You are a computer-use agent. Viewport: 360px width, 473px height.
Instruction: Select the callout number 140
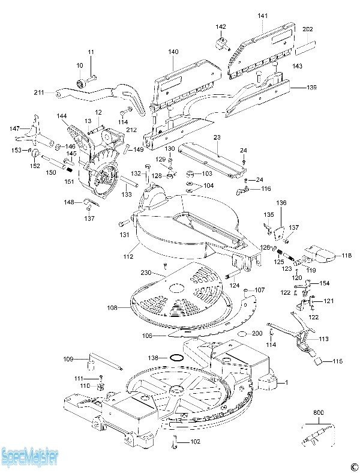(173, 52)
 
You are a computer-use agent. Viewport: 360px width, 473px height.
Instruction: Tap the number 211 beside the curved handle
(39, 92)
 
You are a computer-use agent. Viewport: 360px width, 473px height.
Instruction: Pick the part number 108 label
(112, 307)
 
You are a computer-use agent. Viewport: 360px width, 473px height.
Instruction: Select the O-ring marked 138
(175, 358)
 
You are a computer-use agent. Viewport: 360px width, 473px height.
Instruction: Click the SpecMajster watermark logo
(29, 457)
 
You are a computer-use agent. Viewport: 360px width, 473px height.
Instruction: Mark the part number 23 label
(217, 137)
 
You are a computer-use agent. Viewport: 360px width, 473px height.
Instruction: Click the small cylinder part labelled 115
(322, 361)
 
